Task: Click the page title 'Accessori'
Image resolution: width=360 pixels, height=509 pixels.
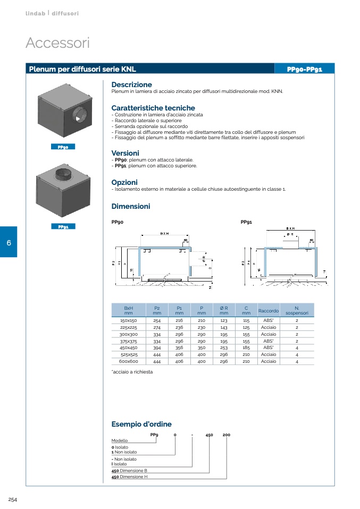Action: click(57, 43)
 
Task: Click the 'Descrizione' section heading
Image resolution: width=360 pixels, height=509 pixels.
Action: click(131, 84)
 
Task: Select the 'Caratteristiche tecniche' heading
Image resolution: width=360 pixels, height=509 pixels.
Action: click(153, 108)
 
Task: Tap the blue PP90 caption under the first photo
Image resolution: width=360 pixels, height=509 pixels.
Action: click(63, 147)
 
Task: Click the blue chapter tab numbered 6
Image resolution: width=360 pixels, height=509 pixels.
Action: click(9, 242)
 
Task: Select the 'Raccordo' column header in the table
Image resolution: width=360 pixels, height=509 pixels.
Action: click(268, 310)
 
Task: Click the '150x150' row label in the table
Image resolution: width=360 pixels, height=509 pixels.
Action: click(128, 321)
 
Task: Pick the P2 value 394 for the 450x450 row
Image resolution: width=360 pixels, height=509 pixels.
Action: click(157, 347)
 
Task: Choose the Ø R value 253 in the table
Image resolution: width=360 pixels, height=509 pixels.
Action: click(223, 347)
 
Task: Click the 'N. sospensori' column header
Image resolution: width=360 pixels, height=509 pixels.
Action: click(297, 310)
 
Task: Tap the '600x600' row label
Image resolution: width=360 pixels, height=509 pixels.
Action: click(128, 361)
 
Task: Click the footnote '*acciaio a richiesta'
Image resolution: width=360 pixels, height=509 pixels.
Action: click(132, 372)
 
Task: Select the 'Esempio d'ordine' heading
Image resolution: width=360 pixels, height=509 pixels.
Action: click(141, 424)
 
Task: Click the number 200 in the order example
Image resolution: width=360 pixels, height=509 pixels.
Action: click(226, 435)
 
